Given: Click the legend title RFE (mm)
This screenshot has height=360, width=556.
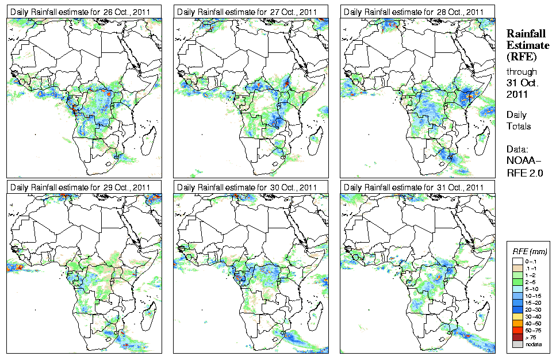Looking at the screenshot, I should coord(530,251).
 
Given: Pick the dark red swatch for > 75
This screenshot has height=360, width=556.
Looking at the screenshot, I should coord(518,336).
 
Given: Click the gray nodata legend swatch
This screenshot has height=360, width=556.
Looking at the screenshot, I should coord(518,344).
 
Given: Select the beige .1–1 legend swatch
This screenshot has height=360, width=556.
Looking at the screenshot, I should coord(518,269).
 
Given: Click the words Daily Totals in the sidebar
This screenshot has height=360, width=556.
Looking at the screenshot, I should coord(519,120).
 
